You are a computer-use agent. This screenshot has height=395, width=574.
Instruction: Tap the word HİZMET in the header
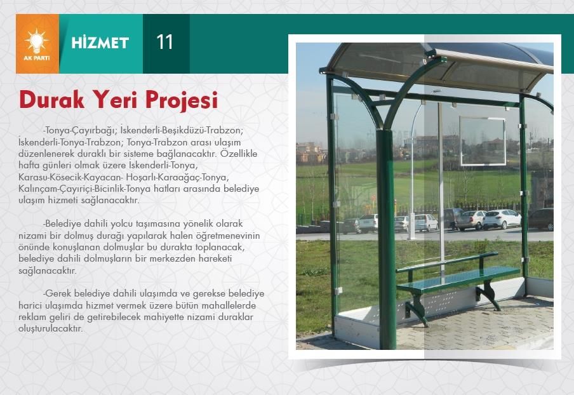(x=100, y=43)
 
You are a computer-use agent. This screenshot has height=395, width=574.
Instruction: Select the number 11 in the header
(x=164, y=42)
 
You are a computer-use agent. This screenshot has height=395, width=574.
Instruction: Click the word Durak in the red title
(x=51, y=99)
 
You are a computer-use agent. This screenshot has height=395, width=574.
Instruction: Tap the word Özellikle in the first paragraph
(x=239, y=154)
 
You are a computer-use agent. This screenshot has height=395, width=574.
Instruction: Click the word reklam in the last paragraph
(x=30, y=317)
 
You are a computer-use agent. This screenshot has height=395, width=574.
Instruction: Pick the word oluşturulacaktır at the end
(x=51, y=329)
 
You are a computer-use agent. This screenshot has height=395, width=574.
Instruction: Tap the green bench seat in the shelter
(x=458, y=280)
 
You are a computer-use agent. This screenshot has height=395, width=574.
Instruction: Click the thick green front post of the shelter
(x=386, y=238)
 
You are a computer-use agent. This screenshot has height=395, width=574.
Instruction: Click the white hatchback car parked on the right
(x=502, y=219)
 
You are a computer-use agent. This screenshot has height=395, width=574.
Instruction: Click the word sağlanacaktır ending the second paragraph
(x=48, y=271)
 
